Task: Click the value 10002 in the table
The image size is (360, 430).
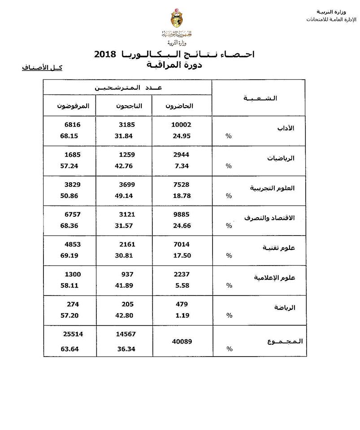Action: coord(182,125)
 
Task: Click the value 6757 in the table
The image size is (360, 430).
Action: coord(74,215)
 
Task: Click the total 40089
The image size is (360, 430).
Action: coord(183,341)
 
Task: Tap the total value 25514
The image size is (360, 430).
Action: coord(74,334)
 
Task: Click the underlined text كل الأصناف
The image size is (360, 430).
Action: coord(42,68)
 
